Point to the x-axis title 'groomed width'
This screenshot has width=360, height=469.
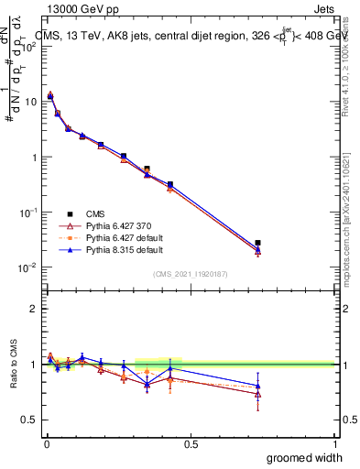point(305,457)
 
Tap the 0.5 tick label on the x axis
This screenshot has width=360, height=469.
point(191,442)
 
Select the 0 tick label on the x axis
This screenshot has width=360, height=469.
point(47,442)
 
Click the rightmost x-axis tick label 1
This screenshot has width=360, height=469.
point(334,442)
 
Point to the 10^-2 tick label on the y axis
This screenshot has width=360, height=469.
point(28,267)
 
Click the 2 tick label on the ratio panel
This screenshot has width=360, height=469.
point(34,309)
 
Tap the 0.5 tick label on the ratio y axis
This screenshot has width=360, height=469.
point(30,420)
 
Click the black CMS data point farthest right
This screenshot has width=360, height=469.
point(257,243)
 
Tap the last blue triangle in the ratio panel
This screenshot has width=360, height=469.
point(257,386)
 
